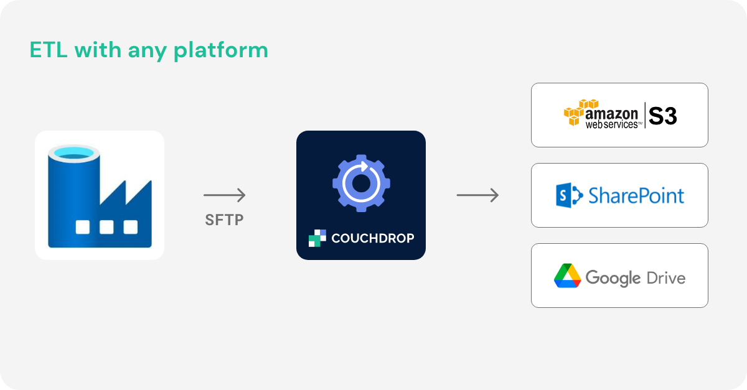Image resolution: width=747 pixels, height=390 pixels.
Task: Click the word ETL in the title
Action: tap(49, 50)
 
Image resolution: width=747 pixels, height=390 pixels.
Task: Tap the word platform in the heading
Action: tap(221, 51)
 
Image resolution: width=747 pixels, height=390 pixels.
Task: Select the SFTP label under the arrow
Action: tap(224, 220)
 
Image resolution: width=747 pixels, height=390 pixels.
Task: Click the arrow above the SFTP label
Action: tap(225, 195)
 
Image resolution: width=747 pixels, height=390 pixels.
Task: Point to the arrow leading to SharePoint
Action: tap(477, 195)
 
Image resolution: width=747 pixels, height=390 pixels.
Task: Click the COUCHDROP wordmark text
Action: tap(373, 238)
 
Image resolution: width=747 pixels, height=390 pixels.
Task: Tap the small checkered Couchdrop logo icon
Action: tap(317, 238)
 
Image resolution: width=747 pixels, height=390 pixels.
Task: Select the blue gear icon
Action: tap(361, 183)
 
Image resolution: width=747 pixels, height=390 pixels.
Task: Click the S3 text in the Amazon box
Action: tap(662, 116)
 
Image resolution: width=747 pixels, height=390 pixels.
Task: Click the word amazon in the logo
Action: tap(611, 114)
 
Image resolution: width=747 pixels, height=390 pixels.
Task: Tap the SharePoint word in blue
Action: tap(636, 196)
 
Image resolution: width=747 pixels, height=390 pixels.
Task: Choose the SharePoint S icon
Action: tap(569, 195)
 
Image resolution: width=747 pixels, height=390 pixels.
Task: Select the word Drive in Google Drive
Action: tap(666, 277)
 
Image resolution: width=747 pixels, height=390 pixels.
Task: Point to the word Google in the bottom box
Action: tap(613, 279)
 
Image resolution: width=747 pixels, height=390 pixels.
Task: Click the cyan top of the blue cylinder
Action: tap(73, 152)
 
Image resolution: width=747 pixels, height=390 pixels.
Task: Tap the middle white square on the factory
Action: tap(106, 227)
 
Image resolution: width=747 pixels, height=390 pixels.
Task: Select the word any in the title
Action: tap(148, 52)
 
